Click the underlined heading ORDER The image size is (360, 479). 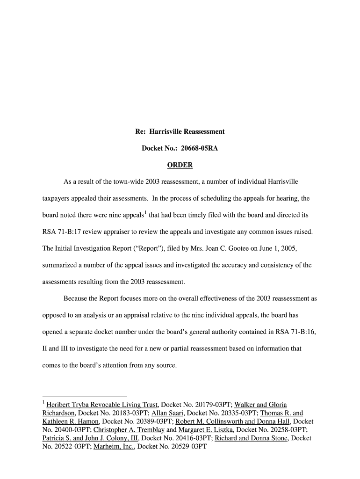180,166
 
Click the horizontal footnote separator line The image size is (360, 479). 85,396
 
